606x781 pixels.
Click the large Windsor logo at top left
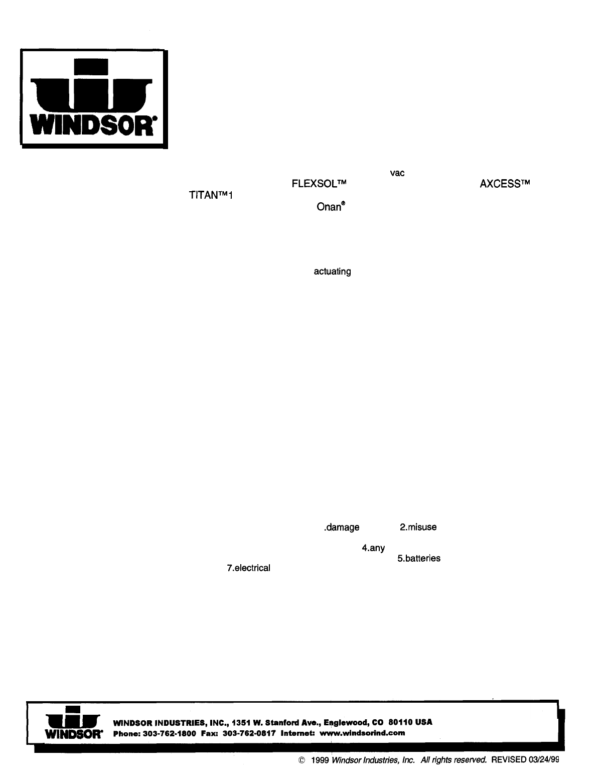click(93, 99)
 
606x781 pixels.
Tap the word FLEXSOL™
click(320, 184)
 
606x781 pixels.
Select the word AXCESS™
click(505, 184)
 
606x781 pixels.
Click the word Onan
click(329, 207)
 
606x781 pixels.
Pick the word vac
click(397, 173)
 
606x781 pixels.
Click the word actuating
click(332, 272)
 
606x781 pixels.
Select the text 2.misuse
click(418, 528)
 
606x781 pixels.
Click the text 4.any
click(373, 549)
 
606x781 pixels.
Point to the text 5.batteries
click(419, 559)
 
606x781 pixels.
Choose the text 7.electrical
click(248, 568)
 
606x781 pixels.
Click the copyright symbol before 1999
click(301, 760)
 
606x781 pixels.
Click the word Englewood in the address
click(347, 722)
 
